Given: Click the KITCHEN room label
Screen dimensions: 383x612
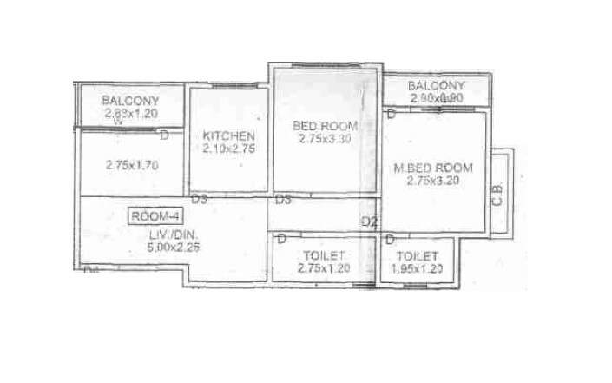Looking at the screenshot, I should (x=229, y=136).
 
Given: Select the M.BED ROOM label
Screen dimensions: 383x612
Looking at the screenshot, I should (x=431, y=168).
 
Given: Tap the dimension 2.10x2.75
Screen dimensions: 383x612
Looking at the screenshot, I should (x=229, y=149).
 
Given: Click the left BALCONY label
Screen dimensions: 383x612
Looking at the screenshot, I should (x=131, y=99).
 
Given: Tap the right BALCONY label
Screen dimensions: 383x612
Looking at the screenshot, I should (x=437, y=86).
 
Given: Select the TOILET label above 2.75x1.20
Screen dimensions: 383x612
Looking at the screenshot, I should (x=325, y=255).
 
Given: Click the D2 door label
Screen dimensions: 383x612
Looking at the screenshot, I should (x=370, y=222).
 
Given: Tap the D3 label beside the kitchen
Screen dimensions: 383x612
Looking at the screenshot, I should (x=200, y=201).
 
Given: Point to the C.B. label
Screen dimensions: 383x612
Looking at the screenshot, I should (x=497, y=195).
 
